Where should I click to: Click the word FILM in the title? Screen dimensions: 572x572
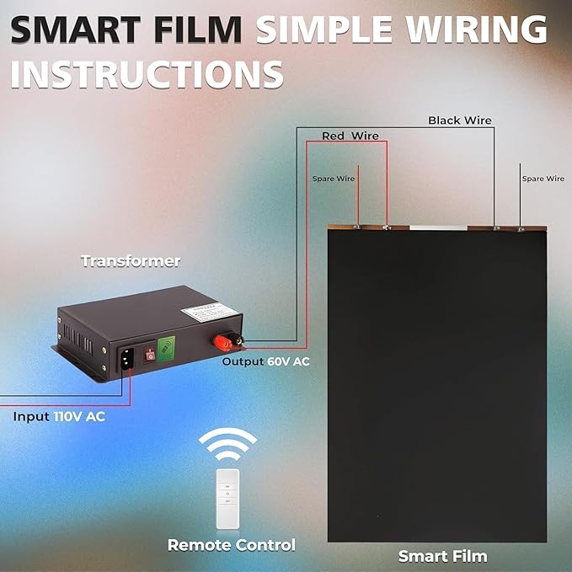(x=198, y=30)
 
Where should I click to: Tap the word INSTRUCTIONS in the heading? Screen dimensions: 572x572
(x=147, y=74)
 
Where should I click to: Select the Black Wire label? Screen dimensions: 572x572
(x=460, y=120)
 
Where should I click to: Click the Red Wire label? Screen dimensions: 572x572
(x=350, y=136)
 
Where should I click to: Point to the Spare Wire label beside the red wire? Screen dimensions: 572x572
(x=334, y=179)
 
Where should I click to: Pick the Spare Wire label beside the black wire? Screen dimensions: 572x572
(x=543, y=179)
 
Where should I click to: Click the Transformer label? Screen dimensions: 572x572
(x=131, y=261)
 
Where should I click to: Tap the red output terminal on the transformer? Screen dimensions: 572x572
(x=222, y=343)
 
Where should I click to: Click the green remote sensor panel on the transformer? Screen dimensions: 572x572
(x=166, y=349)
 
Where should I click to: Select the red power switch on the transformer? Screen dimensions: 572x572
(x=150, y=355)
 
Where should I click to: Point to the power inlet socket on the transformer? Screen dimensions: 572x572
(x=126, y=359)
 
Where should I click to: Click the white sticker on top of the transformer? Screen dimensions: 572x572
(x=210, y=312)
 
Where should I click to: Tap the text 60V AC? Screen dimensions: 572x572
(x=289, y=362)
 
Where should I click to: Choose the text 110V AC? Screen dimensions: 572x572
(x=79, y=417)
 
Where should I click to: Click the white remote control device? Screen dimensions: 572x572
(x=228, y=499)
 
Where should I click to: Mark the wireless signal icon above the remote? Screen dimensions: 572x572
(x=227, y=444)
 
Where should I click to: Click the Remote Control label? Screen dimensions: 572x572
(x=232, y=545)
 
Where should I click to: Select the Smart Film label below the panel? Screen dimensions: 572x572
(x=442, y=557)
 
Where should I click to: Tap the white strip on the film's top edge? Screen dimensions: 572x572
(x=438, y=228)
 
